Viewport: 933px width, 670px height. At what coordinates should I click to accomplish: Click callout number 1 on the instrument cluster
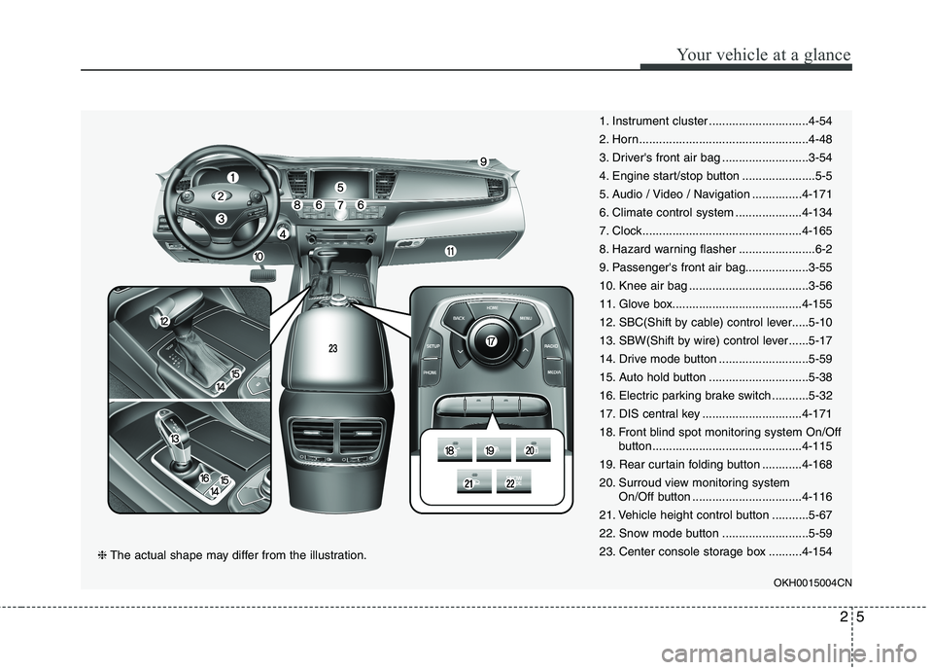(233, 178)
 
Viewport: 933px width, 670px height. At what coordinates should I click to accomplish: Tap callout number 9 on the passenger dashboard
(483, 162)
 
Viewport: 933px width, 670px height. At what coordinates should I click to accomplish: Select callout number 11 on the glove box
(451, 251)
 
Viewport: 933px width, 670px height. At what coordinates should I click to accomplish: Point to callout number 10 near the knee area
(259, 256)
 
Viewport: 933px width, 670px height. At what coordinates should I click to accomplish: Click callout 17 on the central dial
(492, 341)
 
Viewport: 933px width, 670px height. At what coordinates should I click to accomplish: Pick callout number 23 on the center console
(332, 347)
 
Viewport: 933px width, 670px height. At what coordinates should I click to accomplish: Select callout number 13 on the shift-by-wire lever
(176, 440)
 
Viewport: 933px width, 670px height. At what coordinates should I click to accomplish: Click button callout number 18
(450, 451)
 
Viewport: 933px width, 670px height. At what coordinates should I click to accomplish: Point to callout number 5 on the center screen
(340, 186)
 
